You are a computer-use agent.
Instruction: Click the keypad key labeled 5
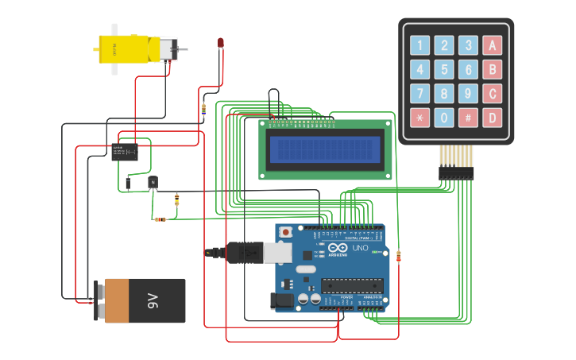[444, 70]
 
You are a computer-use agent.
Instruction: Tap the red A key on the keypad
[493, 46]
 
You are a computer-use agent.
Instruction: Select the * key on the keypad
[419, 118]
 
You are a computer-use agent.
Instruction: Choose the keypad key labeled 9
[469, 95]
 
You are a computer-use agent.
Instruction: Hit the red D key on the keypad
[493, 118]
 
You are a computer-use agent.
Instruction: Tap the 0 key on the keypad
[444, 118]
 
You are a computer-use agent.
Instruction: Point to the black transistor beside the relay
[153, 183]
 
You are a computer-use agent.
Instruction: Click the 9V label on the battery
[153, 300]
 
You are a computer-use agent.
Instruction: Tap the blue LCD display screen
[325, 149]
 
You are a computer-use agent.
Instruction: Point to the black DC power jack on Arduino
[282, 301]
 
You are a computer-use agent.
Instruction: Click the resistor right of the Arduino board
[398, 256]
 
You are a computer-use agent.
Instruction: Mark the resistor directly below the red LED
[203, 110]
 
